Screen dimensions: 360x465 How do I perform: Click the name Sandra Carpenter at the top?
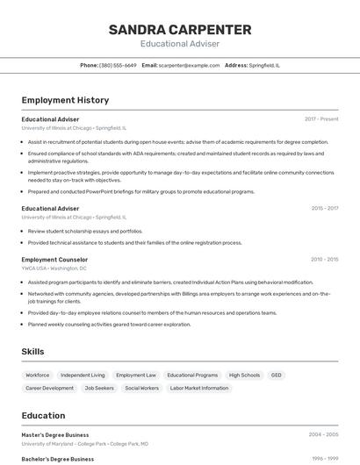(x=180, y=30)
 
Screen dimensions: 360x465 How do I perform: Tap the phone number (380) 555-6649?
(x=118, y=65)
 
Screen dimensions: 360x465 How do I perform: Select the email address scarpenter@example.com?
(x=189, y=65)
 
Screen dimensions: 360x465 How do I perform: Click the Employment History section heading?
(x=65, y=100)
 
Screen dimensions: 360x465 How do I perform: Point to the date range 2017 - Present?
(x=321, y=118)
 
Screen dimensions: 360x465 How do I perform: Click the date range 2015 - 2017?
(x=325, y=209)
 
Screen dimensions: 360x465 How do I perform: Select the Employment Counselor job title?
(x=54, y=260)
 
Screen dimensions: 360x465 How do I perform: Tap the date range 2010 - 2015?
(x=325, y=260)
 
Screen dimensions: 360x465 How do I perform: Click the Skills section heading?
(x=33, y=351)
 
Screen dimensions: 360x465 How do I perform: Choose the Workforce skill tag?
(x=38, y=375)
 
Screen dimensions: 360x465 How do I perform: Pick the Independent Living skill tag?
(x=83, y=375)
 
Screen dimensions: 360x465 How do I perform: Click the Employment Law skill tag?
(x=136, y=375)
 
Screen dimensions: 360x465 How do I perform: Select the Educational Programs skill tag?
(x=192, y=375)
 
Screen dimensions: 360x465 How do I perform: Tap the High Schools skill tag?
(x=244, y=375)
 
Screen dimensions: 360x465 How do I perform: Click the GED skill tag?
(x=276, y=375)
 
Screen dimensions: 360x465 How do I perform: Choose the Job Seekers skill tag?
(x=99, y=388)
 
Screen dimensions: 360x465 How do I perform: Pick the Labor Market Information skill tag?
(x=198, y=388)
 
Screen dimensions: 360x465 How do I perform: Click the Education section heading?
(x=43, y=416)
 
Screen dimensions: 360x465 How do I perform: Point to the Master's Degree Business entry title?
(x=55, y=434)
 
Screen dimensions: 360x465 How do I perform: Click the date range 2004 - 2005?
(x=324, y=434)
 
